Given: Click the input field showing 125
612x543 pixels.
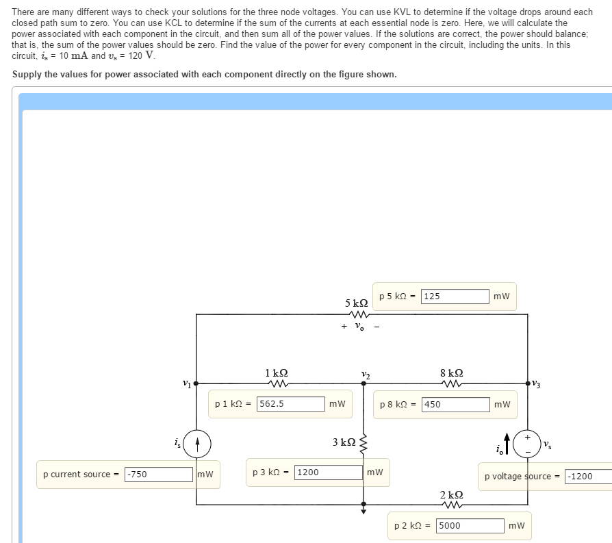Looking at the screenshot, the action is [455, 296].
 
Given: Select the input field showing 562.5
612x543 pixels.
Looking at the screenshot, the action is [291, 404].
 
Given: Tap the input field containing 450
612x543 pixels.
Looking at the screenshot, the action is [456, 405].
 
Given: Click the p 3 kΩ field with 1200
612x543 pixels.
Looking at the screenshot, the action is [329, 472].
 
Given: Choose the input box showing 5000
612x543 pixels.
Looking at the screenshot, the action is [470, 526].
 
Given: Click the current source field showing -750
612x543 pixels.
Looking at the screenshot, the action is [159, 475].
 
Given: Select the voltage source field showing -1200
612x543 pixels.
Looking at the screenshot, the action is [589, 477].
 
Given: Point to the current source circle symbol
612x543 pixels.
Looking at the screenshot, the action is [197, 444].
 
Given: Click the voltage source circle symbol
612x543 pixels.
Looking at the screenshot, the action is [527, 444].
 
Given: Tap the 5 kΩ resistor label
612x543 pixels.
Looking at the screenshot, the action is [357, 303].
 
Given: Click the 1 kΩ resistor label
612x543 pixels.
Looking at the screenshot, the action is [277, 372].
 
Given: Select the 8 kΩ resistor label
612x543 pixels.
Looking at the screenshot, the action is [452, 372].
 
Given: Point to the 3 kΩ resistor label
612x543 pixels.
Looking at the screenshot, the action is [344, 442].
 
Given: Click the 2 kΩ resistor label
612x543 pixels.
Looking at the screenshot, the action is [452, 495].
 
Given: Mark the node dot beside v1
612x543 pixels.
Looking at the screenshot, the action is [196, 383].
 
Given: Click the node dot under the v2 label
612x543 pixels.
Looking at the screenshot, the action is [364, 383].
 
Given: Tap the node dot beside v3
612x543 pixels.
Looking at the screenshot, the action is [528, 383].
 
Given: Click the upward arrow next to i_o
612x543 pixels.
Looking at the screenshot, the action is [507, 444].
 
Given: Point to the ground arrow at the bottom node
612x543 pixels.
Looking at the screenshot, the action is [364, 509].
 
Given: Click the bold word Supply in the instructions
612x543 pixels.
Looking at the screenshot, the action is [27, 75].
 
